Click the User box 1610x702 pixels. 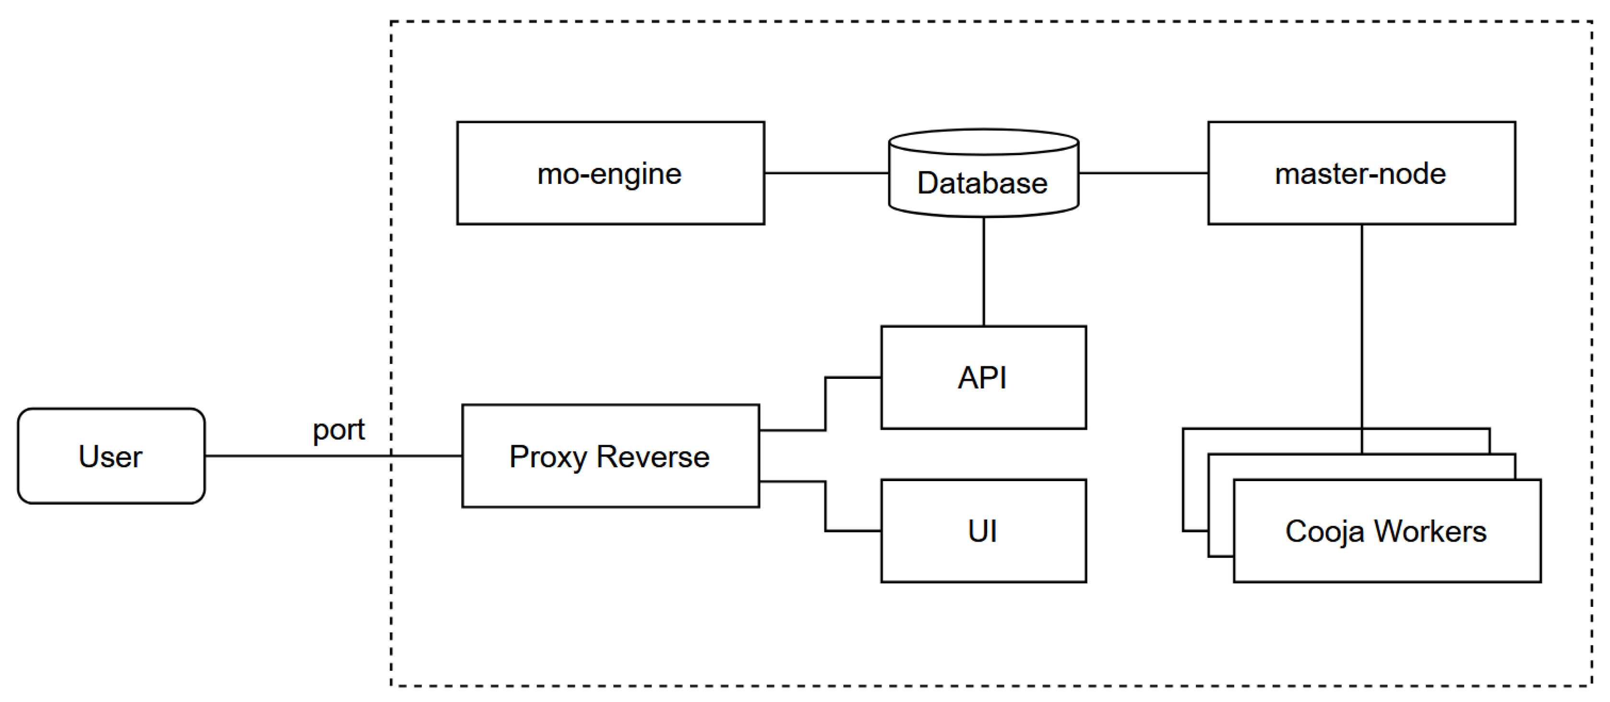pyautogui.click(x=111, y=456)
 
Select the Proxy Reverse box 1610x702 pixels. pyautogui.click(x=610, y=456)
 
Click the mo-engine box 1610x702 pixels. pyautogui.click(x=610, y=173)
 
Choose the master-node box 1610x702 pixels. pyautogui.click(x=1361, y=173)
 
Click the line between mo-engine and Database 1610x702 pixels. pyautogui.click(x=825, y=173)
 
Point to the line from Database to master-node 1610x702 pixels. pyautogui.click(x=1143, y=173)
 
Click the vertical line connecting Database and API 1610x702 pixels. pyautogui.click(x=984, y=272)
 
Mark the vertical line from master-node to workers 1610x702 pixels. pyautogui.click(x=1362, y=325)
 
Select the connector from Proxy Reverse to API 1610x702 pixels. pyautogui.click(x=825, y=404)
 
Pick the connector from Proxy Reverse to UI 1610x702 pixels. pyautogui.click(x=825, y=507)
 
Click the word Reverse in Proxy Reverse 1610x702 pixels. pyautogui.click(x=653, y=457)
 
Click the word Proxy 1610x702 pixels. pyautogui.click(x=548, y=457)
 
